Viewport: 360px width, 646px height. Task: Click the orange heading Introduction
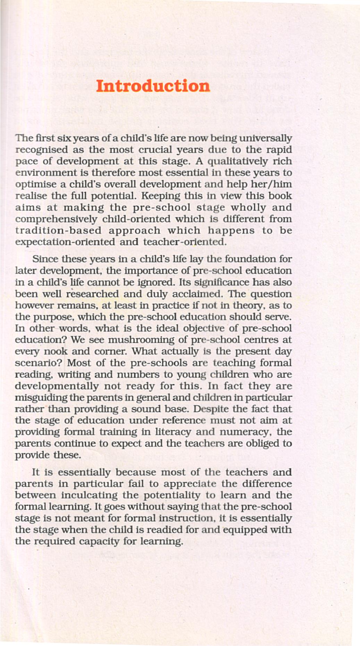pos(153,86)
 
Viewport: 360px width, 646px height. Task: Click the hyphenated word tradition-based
pos(58,231)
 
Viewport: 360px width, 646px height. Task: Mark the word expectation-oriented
pos(65,242)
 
